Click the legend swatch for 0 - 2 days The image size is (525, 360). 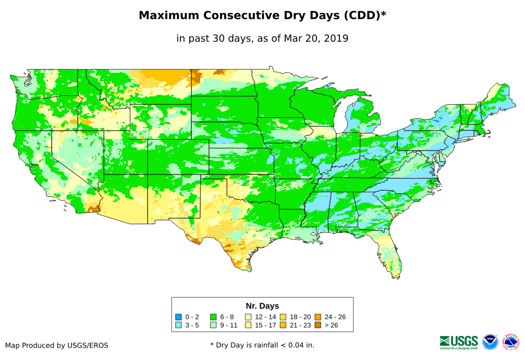(x=179, y=317)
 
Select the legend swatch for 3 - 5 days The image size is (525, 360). (x=179, y=325)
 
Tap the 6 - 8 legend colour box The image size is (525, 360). (x=213, y=317)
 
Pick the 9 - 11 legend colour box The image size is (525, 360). (x=213, y=325)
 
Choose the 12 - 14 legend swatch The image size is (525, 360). (x=248, y=317)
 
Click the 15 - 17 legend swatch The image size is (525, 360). (x=248, y=325)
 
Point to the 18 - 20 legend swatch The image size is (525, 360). (x=283, y=317)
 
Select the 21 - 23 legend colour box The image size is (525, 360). (x=283, y=325)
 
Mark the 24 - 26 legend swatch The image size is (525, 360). (x=318, y=317)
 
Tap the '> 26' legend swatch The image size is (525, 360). (x=318, y=325)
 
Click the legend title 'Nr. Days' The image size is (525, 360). (x=262, y=306)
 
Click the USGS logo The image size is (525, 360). (x=459, y=341)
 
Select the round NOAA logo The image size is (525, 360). (x=490, y=342)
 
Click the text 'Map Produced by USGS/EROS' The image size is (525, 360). (x=57, y=345)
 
